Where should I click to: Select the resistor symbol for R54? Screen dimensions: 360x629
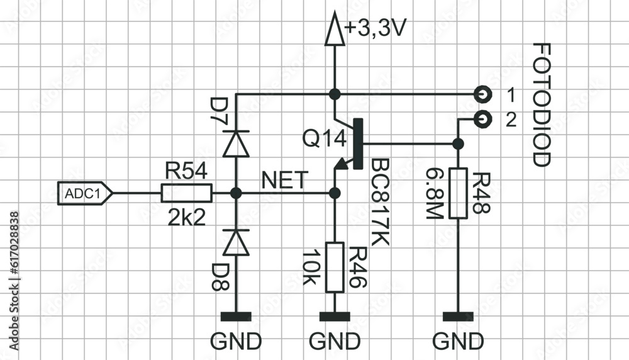point(187,193)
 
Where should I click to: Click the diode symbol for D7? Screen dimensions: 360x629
point(237,143)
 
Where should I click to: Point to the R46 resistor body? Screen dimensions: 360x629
point(334,267)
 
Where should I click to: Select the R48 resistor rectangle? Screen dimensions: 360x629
point(458,193)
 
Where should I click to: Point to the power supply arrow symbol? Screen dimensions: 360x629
point(334,31)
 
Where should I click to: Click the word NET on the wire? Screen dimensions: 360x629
point(285,181)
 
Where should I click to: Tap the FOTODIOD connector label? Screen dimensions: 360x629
point(541,104)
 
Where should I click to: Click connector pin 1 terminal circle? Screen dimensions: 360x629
point(483,94)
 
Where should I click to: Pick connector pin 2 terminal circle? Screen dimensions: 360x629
point(483,118)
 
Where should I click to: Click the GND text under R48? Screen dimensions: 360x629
point(458,341)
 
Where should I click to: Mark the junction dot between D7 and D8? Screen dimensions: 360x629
point(237,193)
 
